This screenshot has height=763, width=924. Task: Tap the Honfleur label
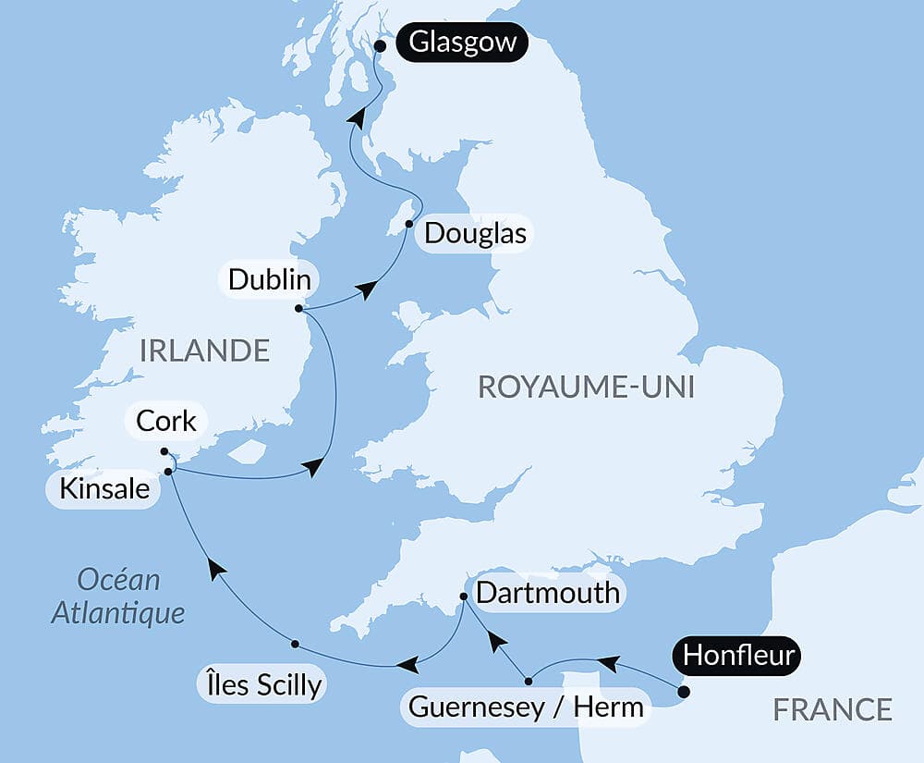point(739,656)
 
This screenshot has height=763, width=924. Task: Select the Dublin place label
point(269,278)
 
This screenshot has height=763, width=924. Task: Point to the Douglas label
point(475,233)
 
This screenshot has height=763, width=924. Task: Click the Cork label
point(166,421)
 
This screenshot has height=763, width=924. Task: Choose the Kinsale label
point(104,488)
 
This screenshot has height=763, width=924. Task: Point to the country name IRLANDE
point(204,351)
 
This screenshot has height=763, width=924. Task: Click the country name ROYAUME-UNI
point(586,387)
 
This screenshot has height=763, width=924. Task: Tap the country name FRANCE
point(833,709)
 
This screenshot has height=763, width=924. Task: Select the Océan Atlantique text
point(118,597)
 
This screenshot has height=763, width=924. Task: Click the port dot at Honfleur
point(683,691)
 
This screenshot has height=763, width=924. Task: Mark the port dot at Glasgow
point(380,43)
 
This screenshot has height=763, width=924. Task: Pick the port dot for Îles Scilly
point(295,644)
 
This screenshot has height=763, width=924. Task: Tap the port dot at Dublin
point(298,309)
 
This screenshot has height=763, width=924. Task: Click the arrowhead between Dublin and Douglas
point(368,290)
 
